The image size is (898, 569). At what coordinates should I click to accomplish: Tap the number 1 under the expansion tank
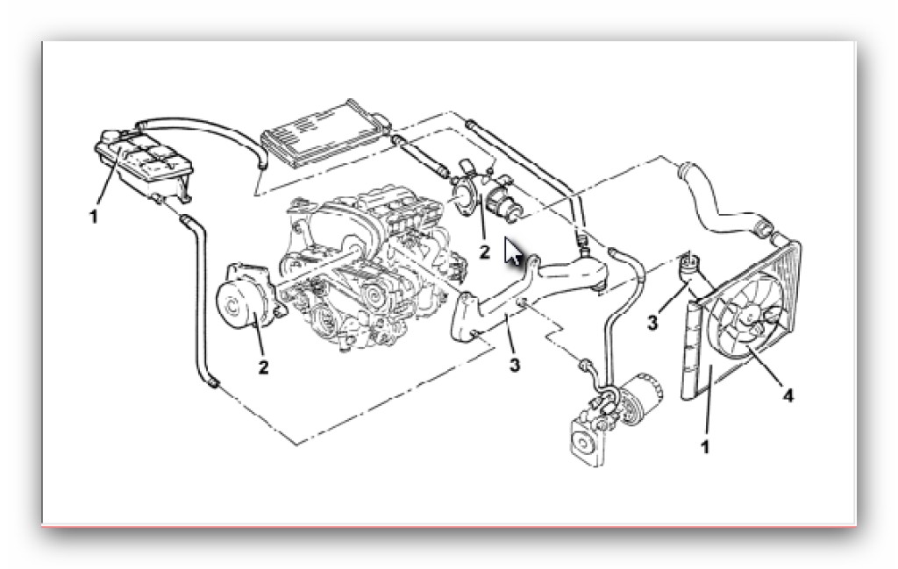click(x=93, y=217)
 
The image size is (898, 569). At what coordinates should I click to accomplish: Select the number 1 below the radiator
click(x=705, y=446)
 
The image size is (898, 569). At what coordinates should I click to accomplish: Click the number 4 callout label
click(x=788, y=395)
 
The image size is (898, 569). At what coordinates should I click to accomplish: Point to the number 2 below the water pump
click(x=263, y=367)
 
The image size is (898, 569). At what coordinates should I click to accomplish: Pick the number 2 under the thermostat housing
click(x=484, y=252)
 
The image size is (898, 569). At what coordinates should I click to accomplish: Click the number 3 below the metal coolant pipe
click(x=514, y=365)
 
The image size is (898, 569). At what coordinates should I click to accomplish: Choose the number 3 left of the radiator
click(x=652, y=323)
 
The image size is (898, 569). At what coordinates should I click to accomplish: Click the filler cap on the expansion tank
click(x=110, y=136)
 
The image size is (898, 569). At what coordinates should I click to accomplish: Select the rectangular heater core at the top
click(x=324, y=132)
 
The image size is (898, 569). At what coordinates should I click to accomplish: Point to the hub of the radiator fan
click(x=750, y=317)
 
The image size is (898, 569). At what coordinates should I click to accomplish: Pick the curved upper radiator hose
click(x=723, y=201)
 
